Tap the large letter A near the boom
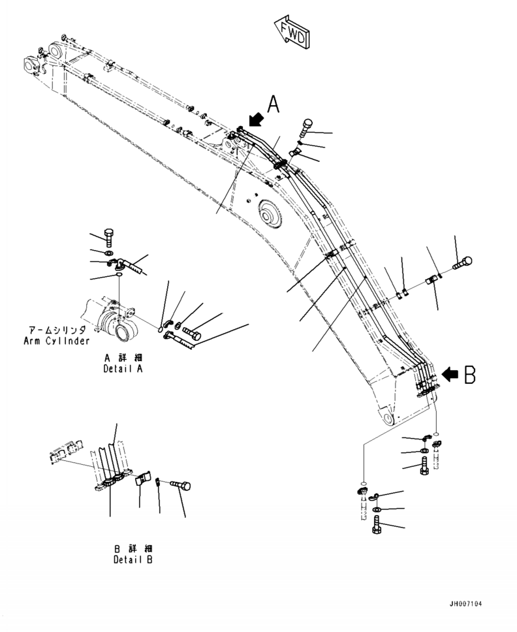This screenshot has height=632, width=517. pyautogui.click(x=274, y=104)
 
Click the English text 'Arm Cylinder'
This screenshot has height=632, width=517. pyautogui.click(x=56, y=341)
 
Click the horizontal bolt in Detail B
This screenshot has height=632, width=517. pyautogui.click(x=180, y=485)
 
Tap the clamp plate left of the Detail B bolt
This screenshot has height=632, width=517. pyautogui.click(x=143, y=482)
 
